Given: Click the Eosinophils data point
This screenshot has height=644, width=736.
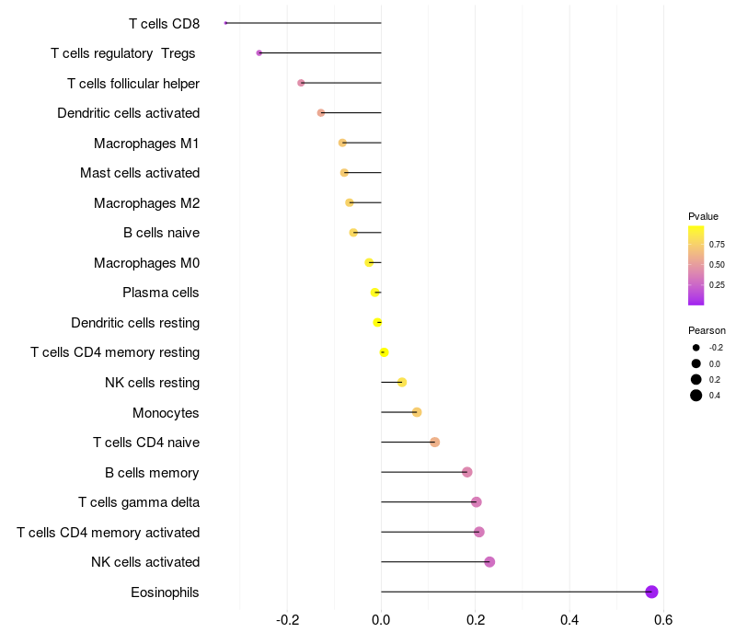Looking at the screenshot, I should click(651, 592).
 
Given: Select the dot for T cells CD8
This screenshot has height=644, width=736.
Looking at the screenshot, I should click(225, 23).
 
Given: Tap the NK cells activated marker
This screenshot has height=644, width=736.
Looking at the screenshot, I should click(489, 562).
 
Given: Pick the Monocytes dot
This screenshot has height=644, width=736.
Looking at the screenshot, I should click(417, 412).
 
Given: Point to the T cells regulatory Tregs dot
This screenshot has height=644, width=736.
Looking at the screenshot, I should click(259, 52).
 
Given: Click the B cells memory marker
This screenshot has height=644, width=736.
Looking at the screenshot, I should click(467, 472).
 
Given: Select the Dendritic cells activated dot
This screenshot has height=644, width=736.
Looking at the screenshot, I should click(321, 113).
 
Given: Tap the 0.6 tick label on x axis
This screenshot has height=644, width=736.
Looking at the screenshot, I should click(663, 619).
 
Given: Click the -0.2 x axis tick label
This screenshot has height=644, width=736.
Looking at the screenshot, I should click(287, 619).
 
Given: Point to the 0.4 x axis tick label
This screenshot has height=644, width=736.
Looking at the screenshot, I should click(569, 619).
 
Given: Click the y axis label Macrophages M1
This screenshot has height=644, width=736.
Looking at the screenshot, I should click(146, 143).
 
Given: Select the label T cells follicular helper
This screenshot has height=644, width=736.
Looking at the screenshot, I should click(133, 83).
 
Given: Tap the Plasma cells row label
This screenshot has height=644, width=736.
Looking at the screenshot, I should click(160, 293).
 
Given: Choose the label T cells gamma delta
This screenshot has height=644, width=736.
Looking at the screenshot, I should click(139, 502).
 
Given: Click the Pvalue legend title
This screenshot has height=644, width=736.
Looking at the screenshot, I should click(703, 216).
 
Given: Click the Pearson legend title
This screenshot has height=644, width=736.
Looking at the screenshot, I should click(707, 330).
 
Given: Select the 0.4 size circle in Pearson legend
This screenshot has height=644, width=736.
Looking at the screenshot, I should click(696, 396).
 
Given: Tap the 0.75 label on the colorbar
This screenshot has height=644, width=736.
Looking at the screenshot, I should click(716, 244).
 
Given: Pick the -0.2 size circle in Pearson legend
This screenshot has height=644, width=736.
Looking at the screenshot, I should click(696, 348).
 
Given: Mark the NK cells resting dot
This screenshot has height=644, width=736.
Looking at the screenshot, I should click(402, 382).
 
